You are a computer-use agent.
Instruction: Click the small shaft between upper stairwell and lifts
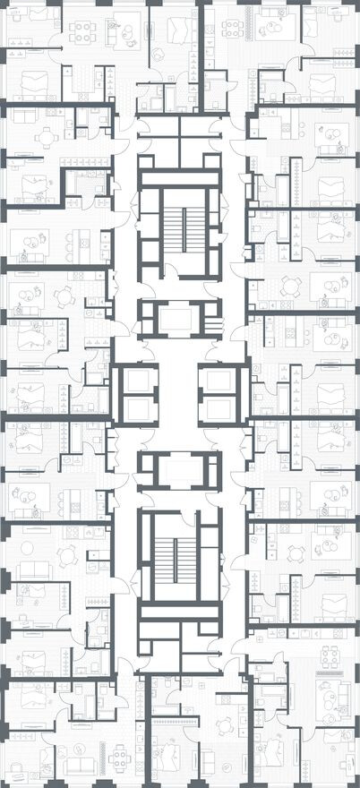[x=177, y=317]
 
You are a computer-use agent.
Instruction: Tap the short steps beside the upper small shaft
[x=212, y=322]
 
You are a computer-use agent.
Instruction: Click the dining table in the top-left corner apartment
[x=83, y=31]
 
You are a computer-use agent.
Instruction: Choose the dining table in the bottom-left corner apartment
[x=120, y=762]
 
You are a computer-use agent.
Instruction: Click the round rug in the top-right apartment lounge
[x=270, y=32]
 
